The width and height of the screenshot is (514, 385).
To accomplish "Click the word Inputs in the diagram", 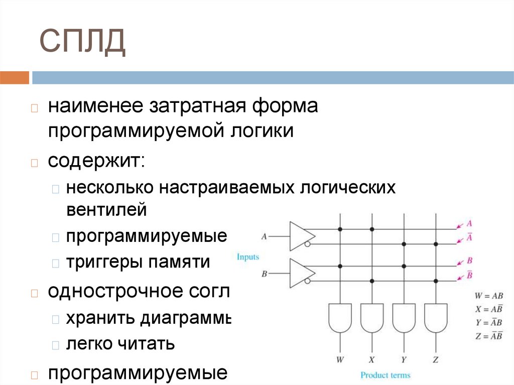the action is (248, 257).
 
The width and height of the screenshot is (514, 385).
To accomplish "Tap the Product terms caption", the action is (385, 375).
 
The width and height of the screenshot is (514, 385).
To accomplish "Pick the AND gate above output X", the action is (372, 318).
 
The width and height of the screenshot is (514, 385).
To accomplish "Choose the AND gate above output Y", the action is (404, 318).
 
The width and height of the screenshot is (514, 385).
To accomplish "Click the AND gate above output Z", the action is (435, 318).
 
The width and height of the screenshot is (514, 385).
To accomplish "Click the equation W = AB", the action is (489, 296).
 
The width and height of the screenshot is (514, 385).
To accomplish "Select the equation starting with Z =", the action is (489, 336).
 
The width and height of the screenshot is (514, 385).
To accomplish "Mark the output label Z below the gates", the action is (435, 359).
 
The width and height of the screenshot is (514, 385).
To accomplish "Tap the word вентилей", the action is (106, 209).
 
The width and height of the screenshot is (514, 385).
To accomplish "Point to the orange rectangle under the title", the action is (15, 78).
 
